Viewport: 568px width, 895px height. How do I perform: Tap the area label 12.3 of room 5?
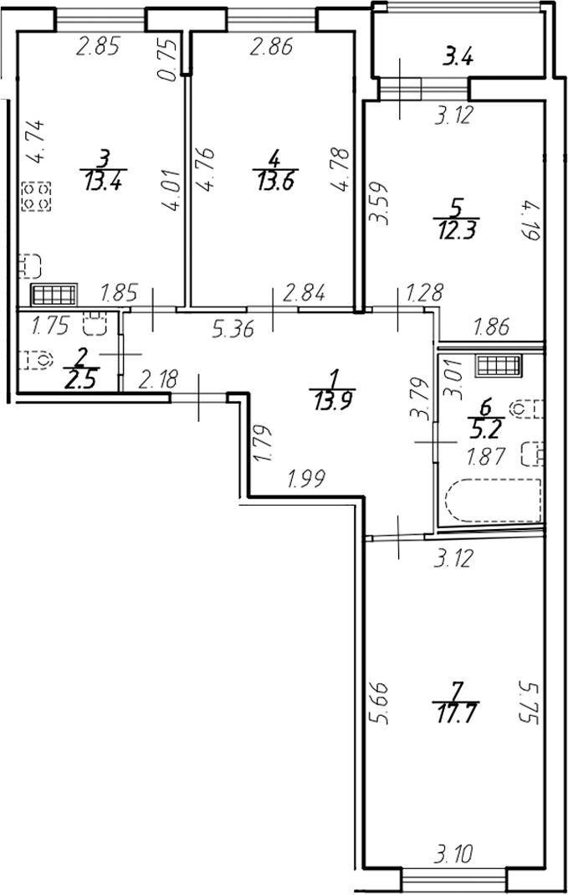tap(455, 232)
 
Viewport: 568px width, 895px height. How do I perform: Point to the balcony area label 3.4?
tap(458, 58)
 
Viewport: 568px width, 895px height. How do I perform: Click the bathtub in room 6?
tap(493, 502)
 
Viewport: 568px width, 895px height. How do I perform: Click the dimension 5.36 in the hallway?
tap(233, 329)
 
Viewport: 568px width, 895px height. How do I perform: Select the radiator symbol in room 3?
tap(54, 295)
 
